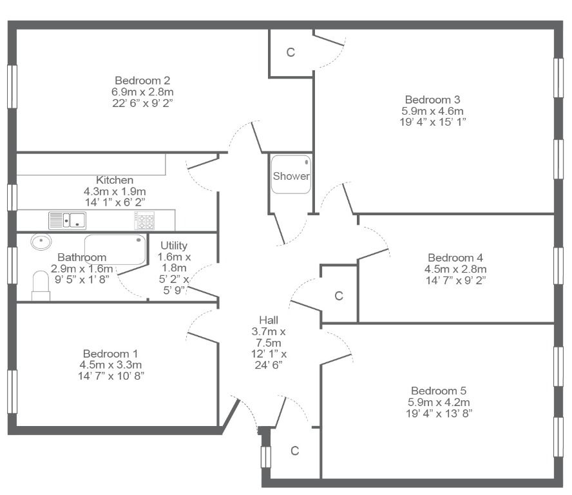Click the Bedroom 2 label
[142, 81]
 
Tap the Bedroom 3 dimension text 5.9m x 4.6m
[433, 111]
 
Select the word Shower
[291, 176]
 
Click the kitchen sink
[68, 220]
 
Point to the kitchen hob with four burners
[145, 220]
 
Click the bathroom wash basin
[41, 242]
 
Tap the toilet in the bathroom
[41, 286]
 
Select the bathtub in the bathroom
[115, 249]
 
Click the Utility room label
[174, 246]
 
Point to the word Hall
[269, 320]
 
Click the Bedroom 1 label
[110, 353]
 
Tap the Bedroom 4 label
[455, 258]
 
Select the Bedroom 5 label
[439, 391]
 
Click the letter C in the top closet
[291, 53]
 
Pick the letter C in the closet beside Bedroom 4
[339, 296]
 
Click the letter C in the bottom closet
[295, 451]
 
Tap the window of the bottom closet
[266, 457]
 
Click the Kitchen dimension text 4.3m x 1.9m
[115, 191]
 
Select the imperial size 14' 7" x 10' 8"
[111, 376]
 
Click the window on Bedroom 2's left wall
[12, 86]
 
